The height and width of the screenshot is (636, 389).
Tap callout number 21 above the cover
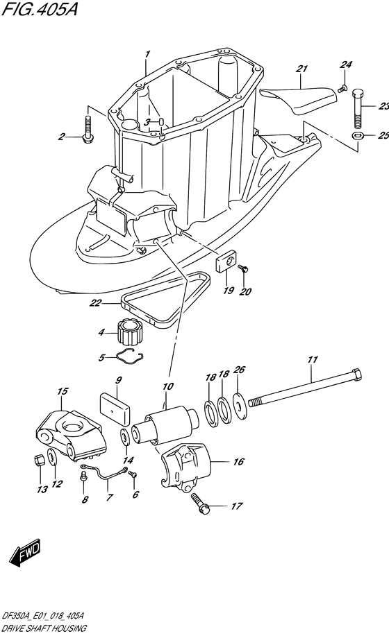[x=301, y=69]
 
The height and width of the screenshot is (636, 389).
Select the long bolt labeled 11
[x=304, y=388]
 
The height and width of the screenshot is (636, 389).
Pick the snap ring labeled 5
[x=129, y=356]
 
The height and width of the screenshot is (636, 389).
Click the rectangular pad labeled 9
[x=115, y=408]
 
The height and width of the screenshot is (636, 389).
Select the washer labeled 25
[x=357, y=135]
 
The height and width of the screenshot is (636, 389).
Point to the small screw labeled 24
[x=342, y=87]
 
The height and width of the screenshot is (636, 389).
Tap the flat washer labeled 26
[x=239, y=404]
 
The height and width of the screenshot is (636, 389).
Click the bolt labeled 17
[x=200, y=504]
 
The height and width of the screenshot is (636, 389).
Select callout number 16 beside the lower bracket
[x=239, y=462]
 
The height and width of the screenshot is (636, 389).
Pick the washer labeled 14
[x=126, y=437]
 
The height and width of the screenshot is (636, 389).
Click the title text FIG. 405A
[x=40, y=9]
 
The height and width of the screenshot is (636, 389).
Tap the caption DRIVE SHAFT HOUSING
[x=44, y=628]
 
